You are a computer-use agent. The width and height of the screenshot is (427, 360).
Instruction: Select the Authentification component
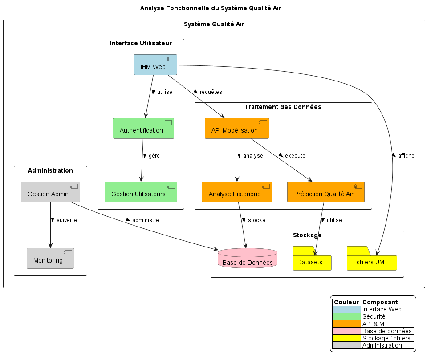[143, 129]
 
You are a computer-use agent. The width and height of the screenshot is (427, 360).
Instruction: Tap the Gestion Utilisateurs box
[141, 192]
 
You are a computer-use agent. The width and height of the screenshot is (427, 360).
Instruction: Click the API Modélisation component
[237, 129]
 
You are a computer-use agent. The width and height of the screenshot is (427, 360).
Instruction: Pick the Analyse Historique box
[236, 192]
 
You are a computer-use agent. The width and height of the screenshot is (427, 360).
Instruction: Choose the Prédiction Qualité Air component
[325, 192]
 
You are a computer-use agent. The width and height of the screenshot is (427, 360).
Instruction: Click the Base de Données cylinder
[248, 259]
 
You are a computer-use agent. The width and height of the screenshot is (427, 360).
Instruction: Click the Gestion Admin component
[50, 192]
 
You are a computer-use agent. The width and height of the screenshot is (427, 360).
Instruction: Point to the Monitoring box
[50, 259]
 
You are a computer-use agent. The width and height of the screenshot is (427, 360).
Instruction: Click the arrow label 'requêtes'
[211, 92]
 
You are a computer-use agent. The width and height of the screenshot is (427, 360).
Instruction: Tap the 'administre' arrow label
[145, 220]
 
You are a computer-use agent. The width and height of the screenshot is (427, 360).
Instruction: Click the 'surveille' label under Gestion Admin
[66, 220]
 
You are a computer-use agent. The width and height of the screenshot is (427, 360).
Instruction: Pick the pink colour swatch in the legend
[346, 331]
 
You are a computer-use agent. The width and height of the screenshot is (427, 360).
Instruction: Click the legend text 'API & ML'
[375, 324]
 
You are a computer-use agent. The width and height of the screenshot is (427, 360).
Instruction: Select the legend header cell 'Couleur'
[346, 302]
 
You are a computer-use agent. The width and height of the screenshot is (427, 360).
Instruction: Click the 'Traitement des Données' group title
[283, 107]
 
